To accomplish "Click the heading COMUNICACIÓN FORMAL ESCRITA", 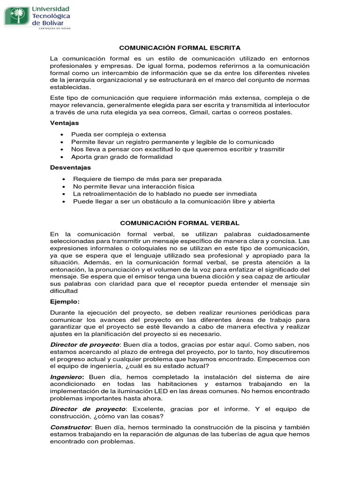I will pyautogui.click(x=180, y=48).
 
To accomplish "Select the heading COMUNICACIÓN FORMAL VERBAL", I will pyautogui.click(x=180, y=223).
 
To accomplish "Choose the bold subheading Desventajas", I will pyautogui.click(x=70, y=167).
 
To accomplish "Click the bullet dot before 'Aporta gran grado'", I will pyautogui.click(x=62, y=157).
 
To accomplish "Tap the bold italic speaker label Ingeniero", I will pyautogui.click(x=67, y=377).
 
